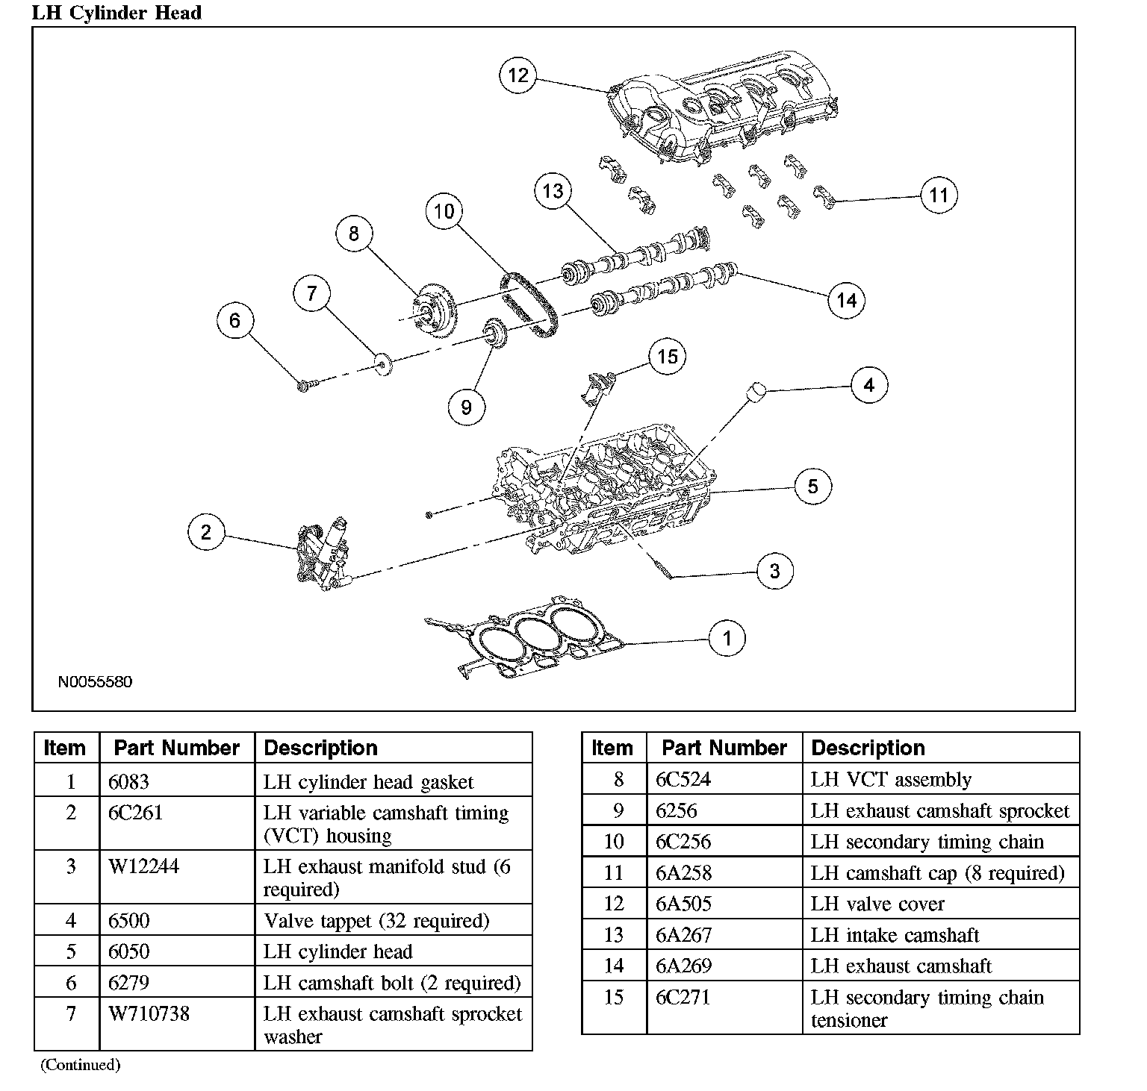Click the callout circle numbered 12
point(517,75)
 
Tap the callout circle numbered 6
point(235,321)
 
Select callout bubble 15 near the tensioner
point(667,357)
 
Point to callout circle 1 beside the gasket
point(727,638)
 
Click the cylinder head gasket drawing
point(523,639)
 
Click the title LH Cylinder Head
point(116,13)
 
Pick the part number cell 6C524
point(683,780)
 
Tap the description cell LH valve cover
point(877,904)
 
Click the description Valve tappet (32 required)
point(376,921)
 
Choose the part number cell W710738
point(149,1014)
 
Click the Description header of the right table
point(868,748)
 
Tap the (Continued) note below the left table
point(80,1065)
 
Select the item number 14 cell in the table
point(613,966)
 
